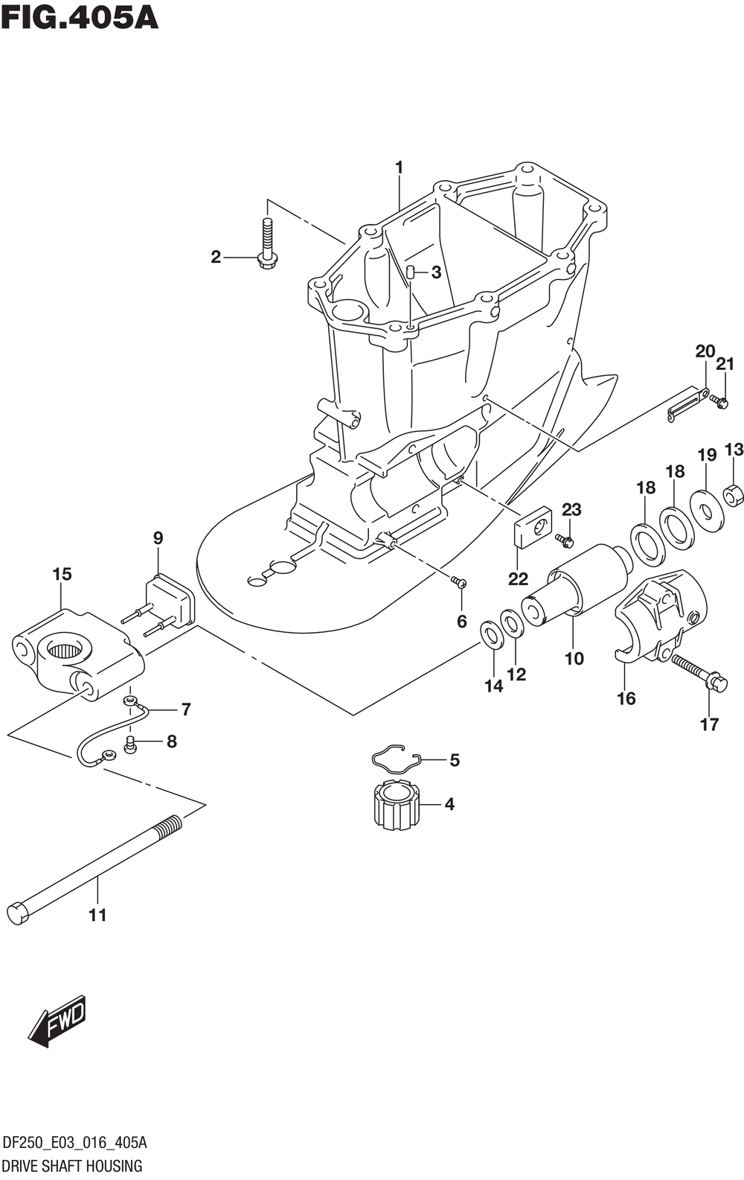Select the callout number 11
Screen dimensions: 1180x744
coord(97,915)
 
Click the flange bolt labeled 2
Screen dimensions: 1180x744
coord(267,243)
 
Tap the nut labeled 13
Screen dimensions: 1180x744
coord(734,494)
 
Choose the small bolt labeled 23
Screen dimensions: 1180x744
coord(565,540)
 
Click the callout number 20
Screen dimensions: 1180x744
coord(705,351)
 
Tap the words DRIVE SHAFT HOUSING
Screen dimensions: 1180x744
coord(72,1166)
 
